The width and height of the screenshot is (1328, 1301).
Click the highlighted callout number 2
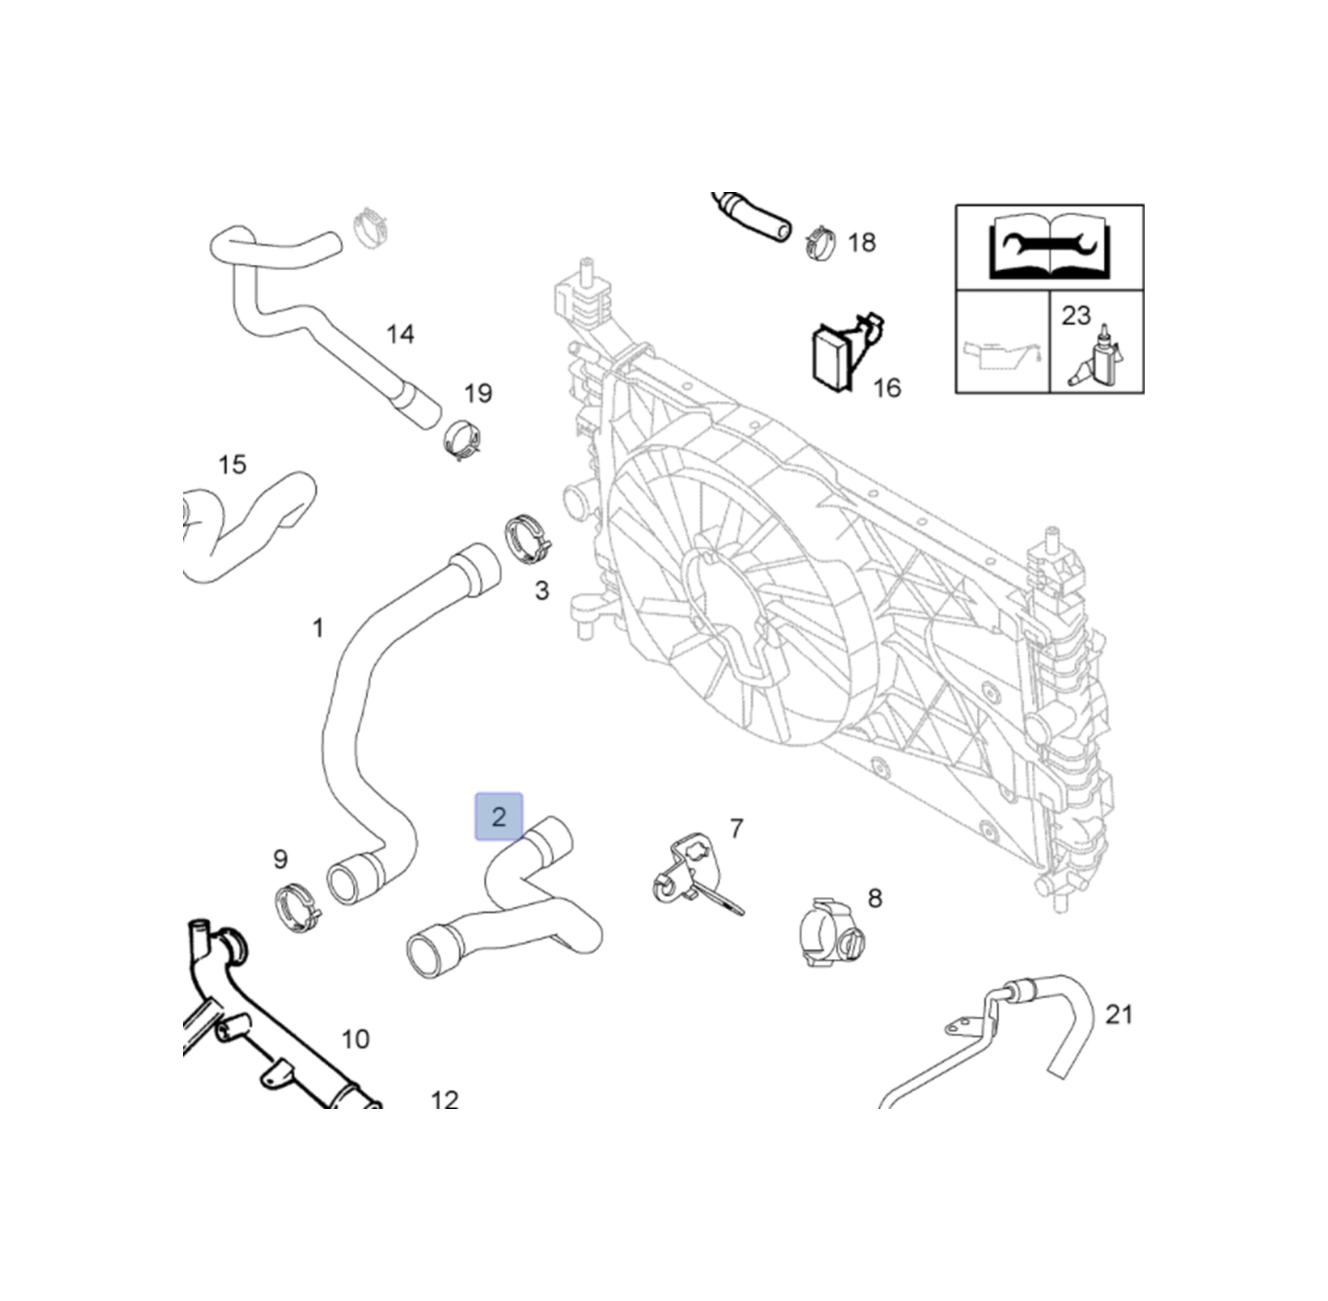(498, 817)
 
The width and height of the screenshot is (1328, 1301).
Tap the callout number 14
(400, 334)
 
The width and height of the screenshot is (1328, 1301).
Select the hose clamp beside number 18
(821, 241)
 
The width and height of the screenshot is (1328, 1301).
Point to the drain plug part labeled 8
(830, 931)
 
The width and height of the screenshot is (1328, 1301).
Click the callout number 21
(1119, 1015)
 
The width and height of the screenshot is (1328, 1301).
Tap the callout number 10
(355, 1039)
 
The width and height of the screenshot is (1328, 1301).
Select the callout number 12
(445, 1100)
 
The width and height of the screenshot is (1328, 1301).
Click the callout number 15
(233, 465)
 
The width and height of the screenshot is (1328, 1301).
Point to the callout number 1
(318, 628)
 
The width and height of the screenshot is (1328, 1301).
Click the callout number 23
(1075, 315)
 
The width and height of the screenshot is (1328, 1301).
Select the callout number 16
(887, 388)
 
